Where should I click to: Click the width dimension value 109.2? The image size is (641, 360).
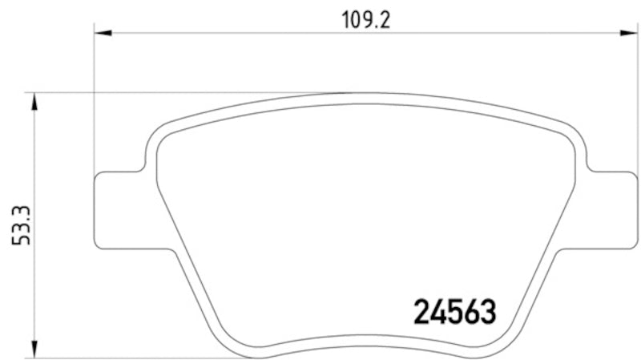click(367, 19)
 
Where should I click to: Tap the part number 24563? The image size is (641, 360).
click(454, 313)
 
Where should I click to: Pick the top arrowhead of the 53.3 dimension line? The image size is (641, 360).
click(34, 99)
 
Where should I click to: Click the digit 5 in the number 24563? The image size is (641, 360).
click(454, 313)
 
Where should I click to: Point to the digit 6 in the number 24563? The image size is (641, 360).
click(470, 313)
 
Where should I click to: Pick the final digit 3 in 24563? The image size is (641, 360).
click(486, 313)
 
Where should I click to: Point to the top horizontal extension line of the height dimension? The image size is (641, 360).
click(160, 92)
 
